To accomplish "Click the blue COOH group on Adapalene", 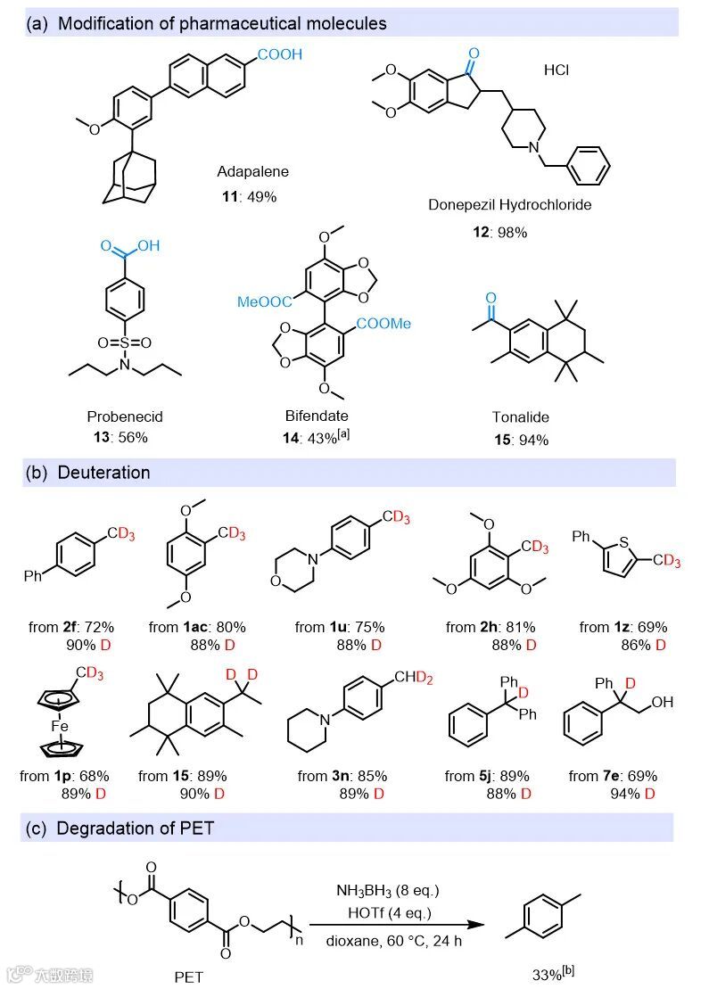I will pyautogui.click(x=280, y=55).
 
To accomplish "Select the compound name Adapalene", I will pyautogui.click(x=252, y=170).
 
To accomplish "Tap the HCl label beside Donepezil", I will pyautogui.click(x=556, y=70).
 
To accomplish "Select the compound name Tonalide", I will pyautogui.click(x=521, y=416).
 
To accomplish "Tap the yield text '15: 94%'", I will pyautogui.click(x=522, y=440).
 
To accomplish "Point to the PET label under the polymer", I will pyautogui.click(x=189, y=976).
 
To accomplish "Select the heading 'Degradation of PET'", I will pyautogui.click(x=135, y=828).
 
